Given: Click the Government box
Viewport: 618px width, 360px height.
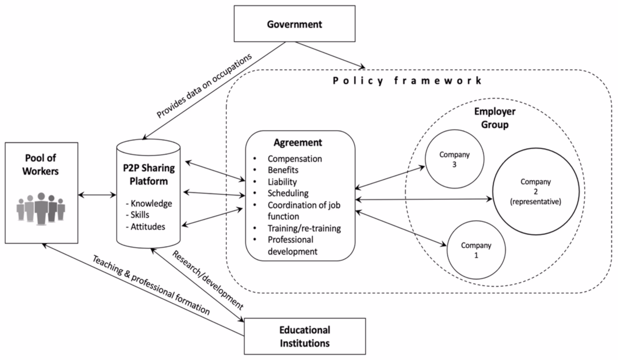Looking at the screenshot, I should pos(294,24).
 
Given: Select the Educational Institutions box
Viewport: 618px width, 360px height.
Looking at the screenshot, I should pos(304,336).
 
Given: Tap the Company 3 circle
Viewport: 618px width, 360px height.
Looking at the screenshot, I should pos(454,159).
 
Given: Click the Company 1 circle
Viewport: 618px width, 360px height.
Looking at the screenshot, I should pos(476,250).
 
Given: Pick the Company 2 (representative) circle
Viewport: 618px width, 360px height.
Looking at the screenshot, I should pos(536,192).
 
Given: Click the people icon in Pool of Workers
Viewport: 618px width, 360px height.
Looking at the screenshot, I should pos(41,208).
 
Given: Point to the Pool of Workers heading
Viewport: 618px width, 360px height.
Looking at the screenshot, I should pos(41,164).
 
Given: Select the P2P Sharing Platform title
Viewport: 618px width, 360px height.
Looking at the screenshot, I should pos(149,174).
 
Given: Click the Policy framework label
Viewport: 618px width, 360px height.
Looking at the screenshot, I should pos(407,81).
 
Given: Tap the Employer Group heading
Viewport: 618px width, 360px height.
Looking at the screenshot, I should pos(494,118).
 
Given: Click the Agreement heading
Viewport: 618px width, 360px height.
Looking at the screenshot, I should pos(298,142).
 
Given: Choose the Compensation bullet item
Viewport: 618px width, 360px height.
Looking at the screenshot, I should pos(295,159).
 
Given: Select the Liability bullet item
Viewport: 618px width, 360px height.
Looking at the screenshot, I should pos(282,182).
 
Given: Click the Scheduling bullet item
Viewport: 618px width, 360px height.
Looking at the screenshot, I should pos(288,193).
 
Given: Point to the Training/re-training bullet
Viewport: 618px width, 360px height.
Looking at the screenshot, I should pos(304,228).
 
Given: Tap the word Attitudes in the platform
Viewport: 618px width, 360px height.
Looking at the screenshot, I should pos(147,227).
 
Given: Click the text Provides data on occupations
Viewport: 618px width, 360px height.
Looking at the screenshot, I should pos(204,86).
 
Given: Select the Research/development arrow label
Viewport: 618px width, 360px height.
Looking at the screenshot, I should pos(207,279).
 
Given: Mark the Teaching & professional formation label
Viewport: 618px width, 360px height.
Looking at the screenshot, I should pos(151,285).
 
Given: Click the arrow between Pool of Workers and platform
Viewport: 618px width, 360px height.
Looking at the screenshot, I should pos(97,195).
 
